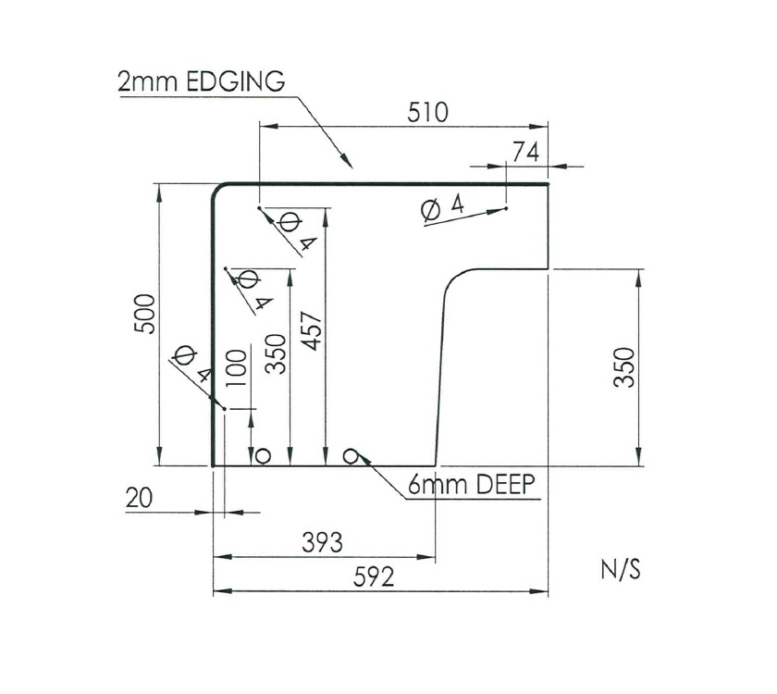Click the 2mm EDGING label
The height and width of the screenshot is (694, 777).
point(200,81)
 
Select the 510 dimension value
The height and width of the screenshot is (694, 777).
point(427,112)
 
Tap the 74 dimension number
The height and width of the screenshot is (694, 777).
point(524,153)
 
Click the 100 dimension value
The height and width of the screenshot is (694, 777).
point(236,369)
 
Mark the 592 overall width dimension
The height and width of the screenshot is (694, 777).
point(374,577)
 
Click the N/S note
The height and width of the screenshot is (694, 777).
point(621,569)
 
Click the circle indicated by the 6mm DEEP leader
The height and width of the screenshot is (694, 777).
point(351,454)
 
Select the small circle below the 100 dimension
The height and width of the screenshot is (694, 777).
point(262,455)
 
